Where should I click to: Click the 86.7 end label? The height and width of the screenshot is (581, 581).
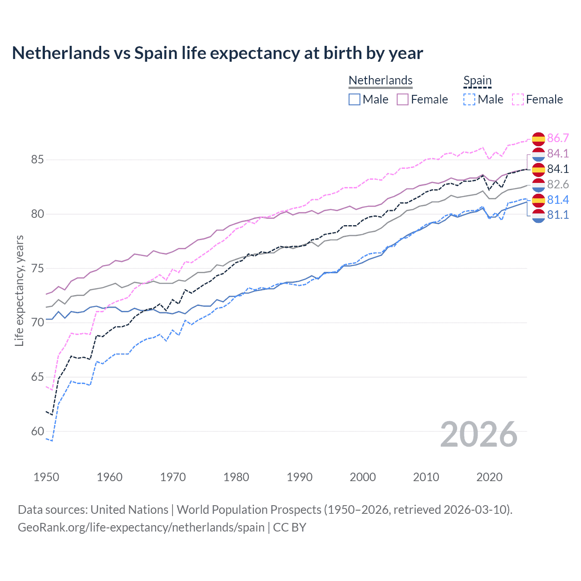558,138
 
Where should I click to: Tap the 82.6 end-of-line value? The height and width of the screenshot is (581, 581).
558,184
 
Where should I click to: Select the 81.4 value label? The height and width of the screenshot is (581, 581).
558,200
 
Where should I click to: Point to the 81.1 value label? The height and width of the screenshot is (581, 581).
558,215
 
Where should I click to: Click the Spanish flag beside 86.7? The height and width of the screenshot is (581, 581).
538,138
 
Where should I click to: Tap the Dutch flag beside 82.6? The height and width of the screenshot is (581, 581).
538,185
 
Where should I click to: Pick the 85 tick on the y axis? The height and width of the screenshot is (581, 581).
37,160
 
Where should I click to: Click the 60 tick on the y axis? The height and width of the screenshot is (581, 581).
37,431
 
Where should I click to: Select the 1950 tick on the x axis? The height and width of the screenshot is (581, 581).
46,477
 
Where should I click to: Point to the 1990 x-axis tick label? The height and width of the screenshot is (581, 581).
300,477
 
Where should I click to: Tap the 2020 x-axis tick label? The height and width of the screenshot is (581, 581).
489,477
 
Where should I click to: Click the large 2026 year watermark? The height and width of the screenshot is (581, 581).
479,435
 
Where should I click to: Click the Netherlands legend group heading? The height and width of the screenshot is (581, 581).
380,80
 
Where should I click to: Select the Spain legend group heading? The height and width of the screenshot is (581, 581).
478,80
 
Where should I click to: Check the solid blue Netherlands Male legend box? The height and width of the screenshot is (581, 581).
355,99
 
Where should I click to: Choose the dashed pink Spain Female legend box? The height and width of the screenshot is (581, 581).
518,99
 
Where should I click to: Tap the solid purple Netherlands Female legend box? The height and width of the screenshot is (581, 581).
403,99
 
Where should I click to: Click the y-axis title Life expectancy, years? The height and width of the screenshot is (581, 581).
19,290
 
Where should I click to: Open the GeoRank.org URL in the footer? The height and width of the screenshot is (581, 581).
141,527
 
